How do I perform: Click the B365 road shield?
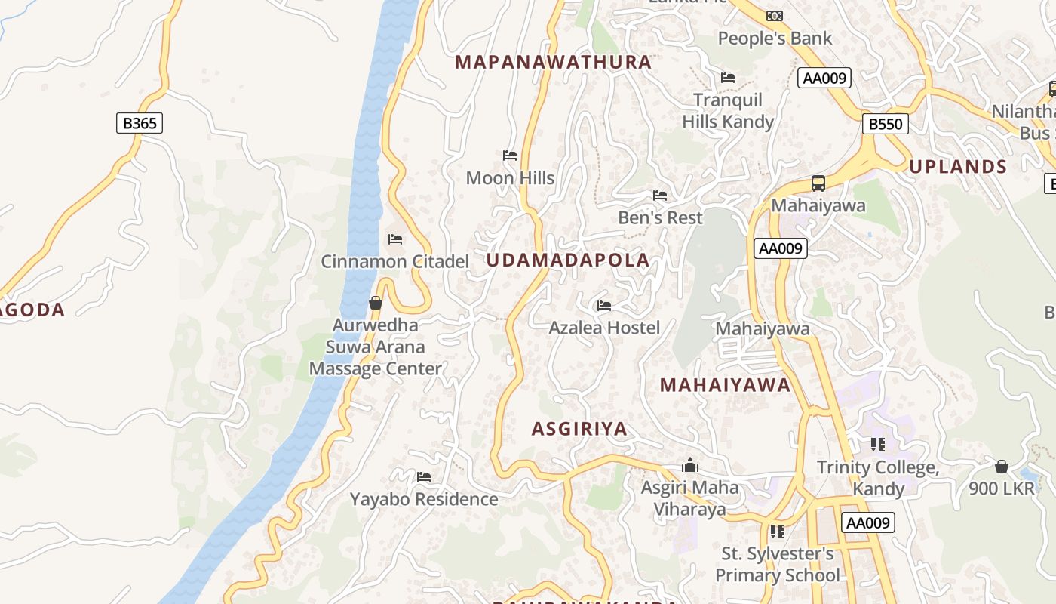(x=140, y=123)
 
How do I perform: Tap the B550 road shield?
(x=885, y=124)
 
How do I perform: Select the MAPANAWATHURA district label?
(x=554, y=62)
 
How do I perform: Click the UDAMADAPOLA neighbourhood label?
(x=567, y=260)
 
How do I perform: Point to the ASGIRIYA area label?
(x=579, y=429)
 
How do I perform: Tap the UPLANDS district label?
(x=958, y=167)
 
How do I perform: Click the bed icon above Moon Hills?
(x=510, y=156)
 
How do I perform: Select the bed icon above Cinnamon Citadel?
(x=395, y=239)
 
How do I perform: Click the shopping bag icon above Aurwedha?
(x=376, y=303)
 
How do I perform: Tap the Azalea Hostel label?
(x=604, y=328)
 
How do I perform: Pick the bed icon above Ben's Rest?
(x=660, y=196)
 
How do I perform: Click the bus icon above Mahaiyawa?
(x=818, y=183)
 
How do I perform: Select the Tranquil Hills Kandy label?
(x=728, y=111)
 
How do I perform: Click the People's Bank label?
(x=775, y=38)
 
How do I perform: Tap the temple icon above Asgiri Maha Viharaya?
(x=689, y=465)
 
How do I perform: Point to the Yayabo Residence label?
(x=424, y=499)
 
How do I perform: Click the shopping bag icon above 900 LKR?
(x=1002, y=467)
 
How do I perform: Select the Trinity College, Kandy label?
(x=878, y=478)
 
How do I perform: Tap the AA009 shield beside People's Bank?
(x=824, y=78)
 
